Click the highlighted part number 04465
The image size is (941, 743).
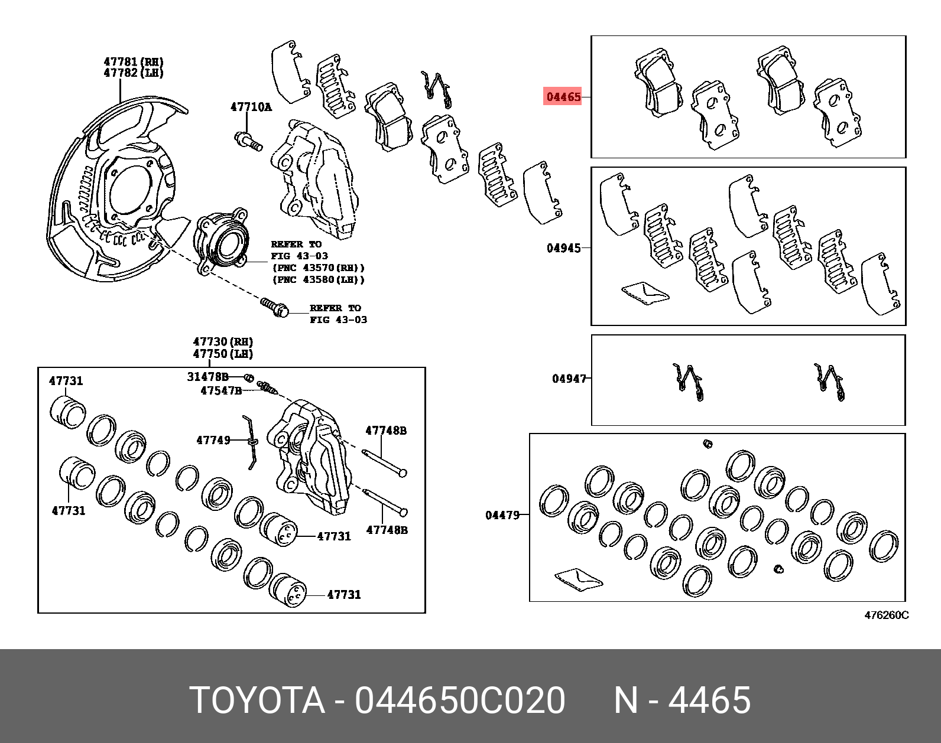coord(563,96)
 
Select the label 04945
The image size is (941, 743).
coord(563,248)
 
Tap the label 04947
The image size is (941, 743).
coord(569,379)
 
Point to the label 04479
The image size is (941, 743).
coord(502,515)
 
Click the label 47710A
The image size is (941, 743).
coord(251,107)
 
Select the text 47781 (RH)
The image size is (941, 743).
coord(134,61)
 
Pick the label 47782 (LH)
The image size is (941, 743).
coord(134,73)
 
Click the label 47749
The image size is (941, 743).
coord(213,440)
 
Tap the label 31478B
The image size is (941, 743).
coord(207,376)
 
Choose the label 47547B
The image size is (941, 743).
coord(220,390)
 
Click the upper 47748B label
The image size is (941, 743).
coord(385,431)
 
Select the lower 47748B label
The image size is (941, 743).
coord(387,530)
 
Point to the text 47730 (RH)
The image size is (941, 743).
coord(222,341)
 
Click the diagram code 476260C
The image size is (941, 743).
coord(886,615)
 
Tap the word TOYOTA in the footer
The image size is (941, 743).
coord(257,700)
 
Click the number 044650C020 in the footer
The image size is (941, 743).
coord(459,700)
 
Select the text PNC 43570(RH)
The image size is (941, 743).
coord(318,268)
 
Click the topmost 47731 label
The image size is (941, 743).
coord(66,381)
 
